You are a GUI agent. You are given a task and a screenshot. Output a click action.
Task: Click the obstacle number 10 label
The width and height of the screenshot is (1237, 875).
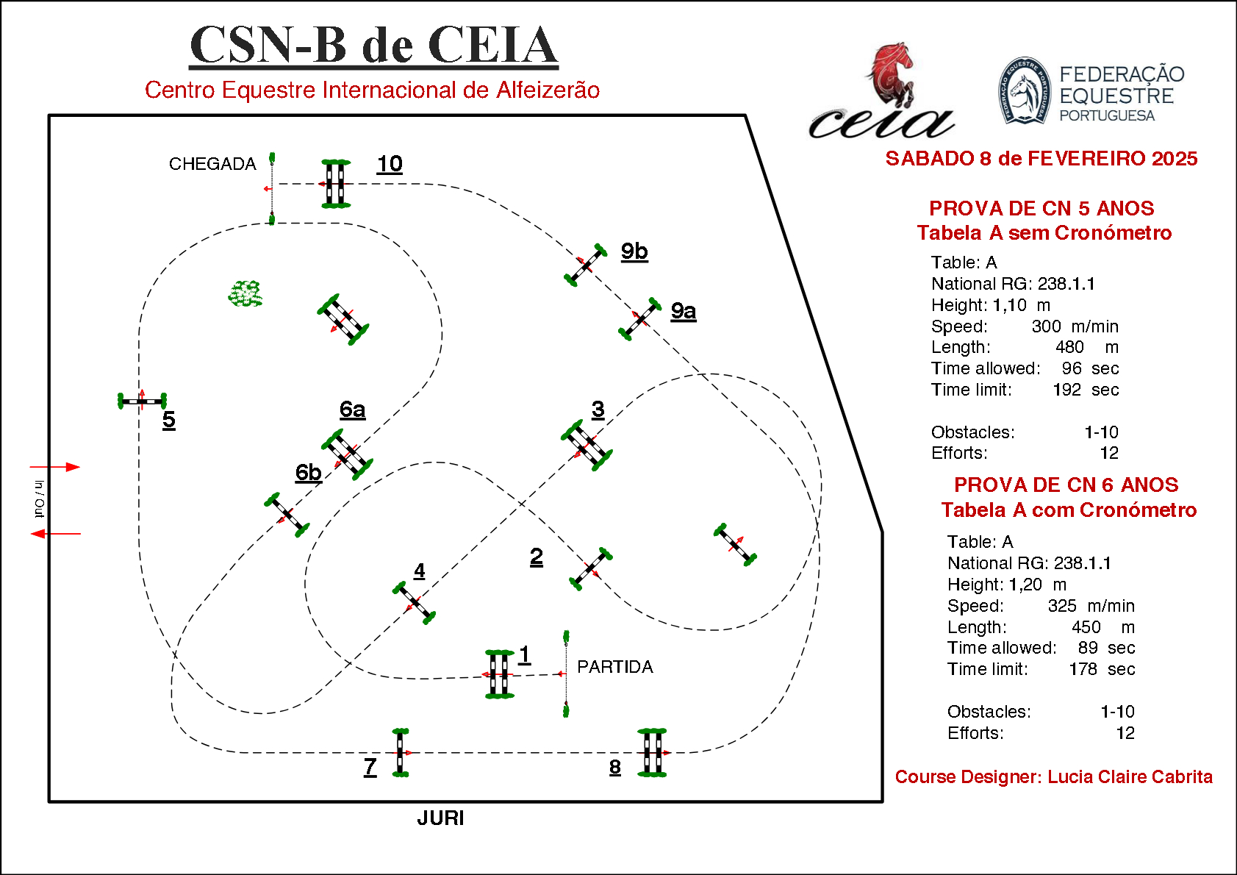(390, 163)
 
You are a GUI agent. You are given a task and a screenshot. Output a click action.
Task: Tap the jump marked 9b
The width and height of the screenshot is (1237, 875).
(586, 265)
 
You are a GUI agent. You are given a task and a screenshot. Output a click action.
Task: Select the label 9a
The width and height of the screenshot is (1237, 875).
(684, 311)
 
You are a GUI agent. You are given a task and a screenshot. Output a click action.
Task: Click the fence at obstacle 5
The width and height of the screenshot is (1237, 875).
(142, 401)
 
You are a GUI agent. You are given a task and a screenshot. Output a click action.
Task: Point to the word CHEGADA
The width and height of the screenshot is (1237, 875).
(212, 164)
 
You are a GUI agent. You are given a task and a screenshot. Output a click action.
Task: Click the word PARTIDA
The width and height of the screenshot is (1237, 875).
(614, 667)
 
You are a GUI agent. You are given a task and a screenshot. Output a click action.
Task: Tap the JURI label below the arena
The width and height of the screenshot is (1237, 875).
(440, 818)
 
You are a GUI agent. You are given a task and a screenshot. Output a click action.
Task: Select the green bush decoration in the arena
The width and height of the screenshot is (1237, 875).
(245, 293)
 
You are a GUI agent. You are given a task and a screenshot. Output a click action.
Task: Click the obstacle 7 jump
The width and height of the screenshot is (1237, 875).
(400, 752)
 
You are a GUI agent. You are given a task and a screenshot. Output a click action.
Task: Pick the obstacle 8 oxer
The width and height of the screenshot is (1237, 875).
(652, 752)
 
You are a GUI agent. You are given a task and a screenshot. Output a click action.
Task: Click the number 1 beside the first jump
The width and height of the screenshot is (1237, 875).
(524, 654)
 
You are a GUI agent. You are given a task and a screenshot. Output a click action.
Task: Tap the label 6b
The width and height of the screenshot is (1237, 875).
(309, 472)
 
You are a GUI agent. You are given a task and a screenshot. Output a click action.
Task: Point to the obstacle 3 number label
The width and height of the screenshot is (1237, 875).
(598, 409)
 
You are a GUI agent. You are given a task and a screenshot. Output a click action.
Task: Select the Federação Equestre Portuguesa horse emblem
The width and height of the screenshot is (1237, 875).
(1025, 91)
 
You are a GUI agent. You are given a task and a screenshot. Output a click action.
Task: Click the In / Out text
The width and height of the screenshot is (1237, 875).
(40, 499)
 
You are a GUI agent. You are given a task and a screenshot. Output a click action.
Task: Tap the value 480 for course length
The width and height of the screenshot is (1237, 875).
(1069, 347)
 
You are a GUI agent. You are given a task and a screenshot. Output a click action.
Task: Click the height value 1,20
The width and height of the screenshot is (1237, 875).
(1025, 585)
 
